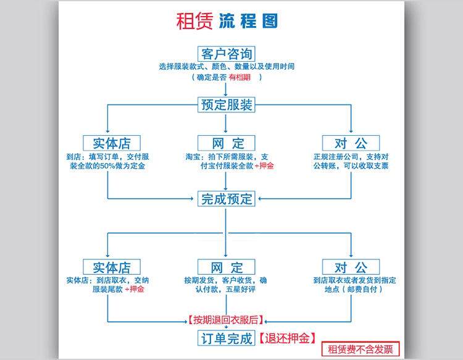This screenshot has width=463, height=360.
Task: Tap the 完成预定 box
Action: [x=227, y=199]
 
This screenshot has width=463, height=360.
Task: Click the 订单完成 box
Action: [x=227, y=338]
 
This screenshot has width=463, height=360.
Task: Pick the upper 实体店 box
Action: [x=112, y=143]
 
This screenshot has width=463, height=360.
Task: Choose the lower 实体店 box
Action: [x=112, y=267]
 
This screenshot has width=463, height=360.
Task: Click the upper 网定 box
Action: [x=227, y=143]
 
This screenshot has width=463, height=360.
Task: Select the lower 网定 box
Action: [x=227, y=267]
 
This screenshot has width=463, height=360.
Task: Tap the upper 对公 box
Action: [x=351, y=143]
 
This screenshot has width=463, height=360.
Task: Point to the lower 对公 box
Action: [x=351, y=267]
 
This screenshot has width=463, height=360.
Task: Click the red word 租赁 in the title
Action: [x=195, y=21]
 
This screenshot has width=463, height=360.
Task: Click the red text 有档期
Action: [x=241, y=77]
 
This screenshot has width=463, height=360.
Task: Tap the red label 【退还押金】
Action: [x=286, y=338]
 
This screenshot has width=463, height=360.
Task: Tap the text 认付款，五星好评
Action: [x=227, y=290]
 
